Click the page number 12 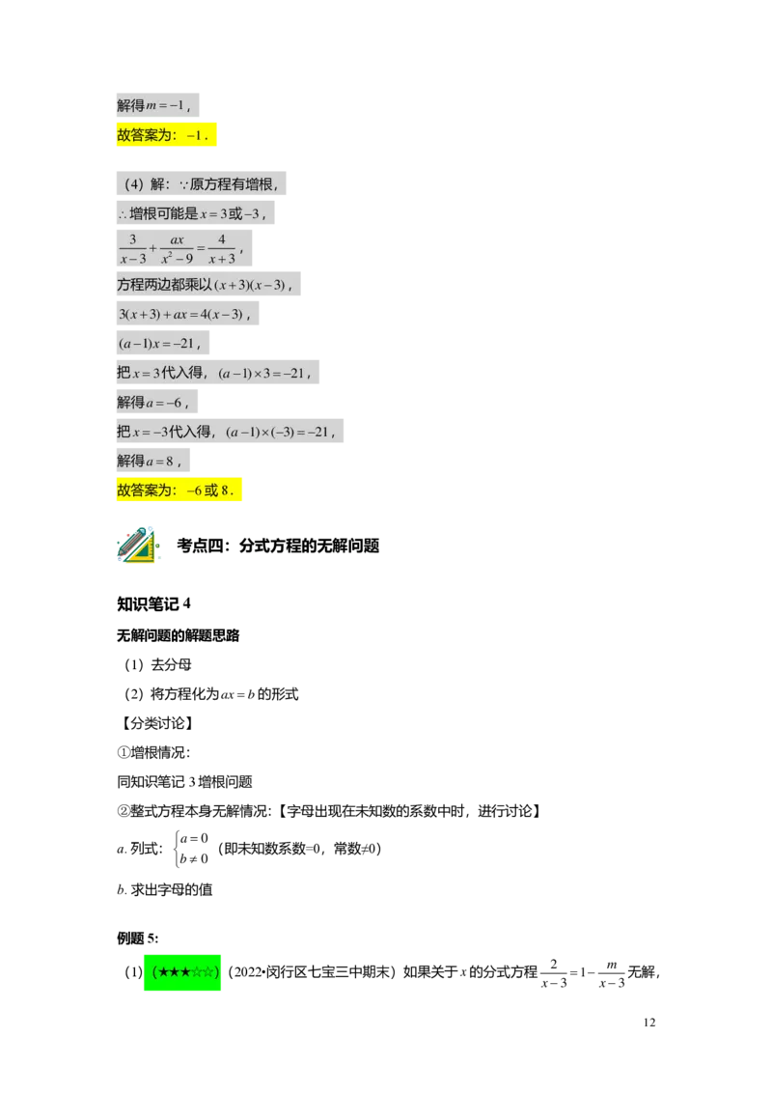coord(648,1022)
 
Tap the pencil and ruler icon coord(137,545)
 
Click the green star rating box coord(182,971)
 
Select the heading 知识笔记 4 coord(153,603)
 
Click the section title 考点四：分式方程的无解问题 coord(278,546)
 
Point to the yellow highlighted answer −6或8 coord(179,490)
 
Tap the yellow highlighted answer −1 coord(167,134)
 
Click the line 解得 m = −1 coord(157,105)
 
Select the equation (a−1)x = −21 coord(163,343)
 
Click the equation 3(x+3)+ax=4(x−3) coord(187,314)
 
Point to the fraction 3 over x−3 coord(132,249)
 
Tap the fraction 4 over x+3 coord(222,249)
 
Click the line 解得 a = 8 coord(152,461)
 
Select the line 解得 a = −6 coord(156,403)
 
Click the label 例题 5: coord(137,939)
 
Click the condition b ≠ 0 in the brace coord(194,858)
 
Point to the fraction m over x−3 coord(612,974)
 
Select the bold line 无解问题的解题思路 coord(179,635)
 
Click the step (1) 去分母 coord(158,665)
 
